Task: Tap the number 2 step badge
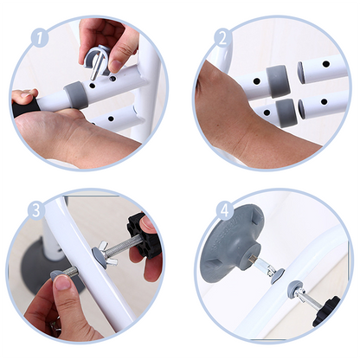coord(222,37)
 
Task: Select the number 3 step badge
coord(35,209)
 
